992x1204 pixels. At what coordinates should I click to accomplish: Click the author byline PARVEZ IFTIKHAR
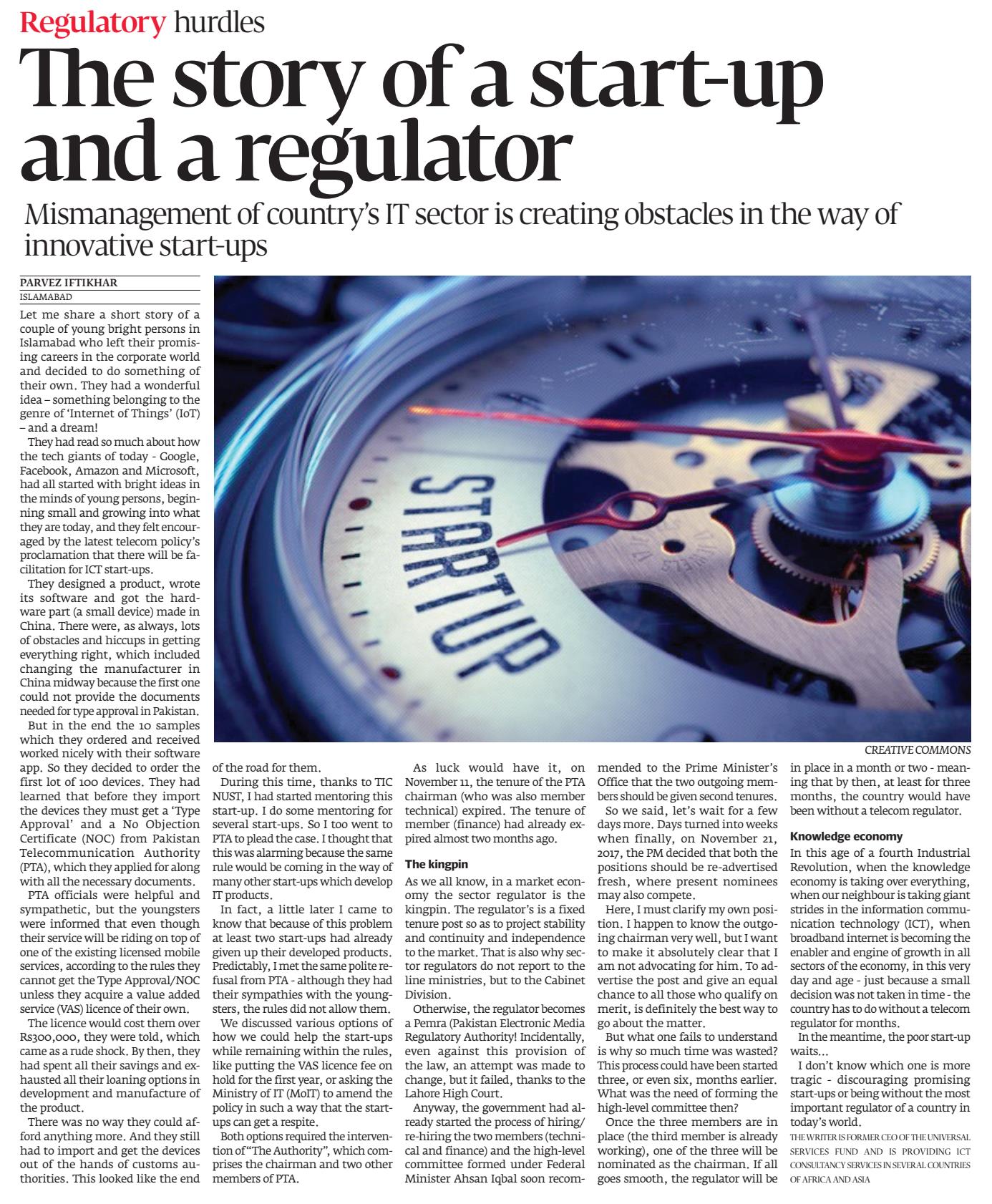pos(69,283)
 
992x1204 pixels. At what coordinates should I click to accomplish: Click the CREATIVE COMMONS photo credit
pos(918,750)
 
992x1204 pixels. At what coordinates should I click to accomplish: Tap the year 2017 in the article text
pos(610,854)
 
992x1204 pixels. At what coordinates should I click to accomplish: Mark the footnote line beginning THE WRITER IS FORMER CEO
pos(880,1137)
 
